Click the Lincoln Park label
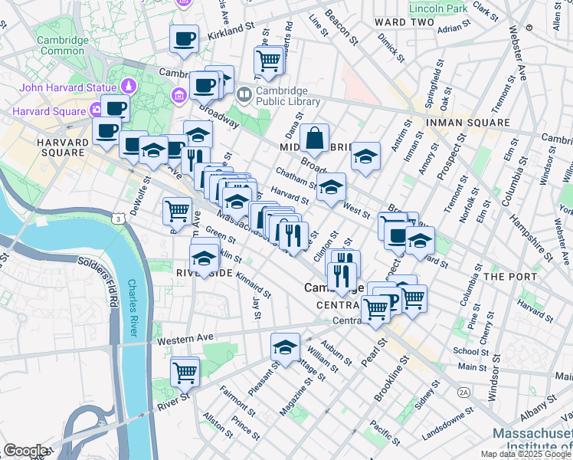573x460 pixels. tap(437, 9)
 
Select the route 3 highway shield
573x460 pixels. tap(119, 219)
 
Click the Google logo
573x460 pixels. tap(25, 451)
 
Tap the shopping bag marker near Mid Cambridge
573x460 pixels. tap(314, 140)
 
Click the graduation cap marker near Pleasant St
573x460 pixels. tap(285, 347)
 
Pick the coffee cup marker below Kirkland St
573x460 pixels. tap(185, 39)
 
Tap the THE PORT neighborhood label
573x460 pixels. tap(506, 276)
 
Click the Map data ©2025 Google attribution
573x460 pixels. tap(526, 454)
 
